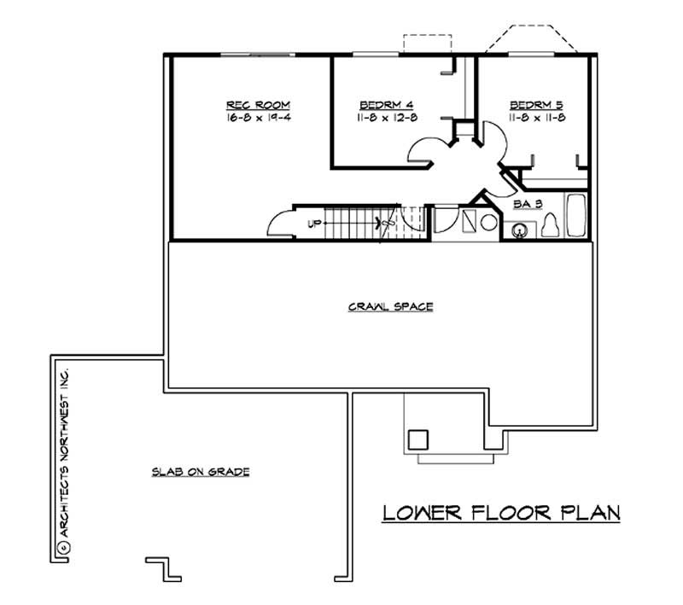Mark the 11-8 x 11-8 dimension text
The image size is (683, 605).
[535, 118]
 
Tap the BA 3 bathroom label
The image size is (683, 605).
[523, 204]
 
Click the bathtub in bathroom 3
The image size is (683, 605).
[577, 217]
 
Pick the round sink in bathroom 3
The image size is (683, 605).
[518, 230]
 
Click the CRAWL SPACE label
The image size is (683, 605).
[378, 305]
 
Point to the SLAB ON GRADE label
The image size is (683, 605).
[201, 470]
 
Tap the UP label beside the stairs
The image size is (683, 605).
[313, 225]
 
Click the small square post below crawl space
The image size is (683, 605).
[417, 439]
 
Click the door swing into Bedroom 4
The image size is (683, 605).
[424, 150]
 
